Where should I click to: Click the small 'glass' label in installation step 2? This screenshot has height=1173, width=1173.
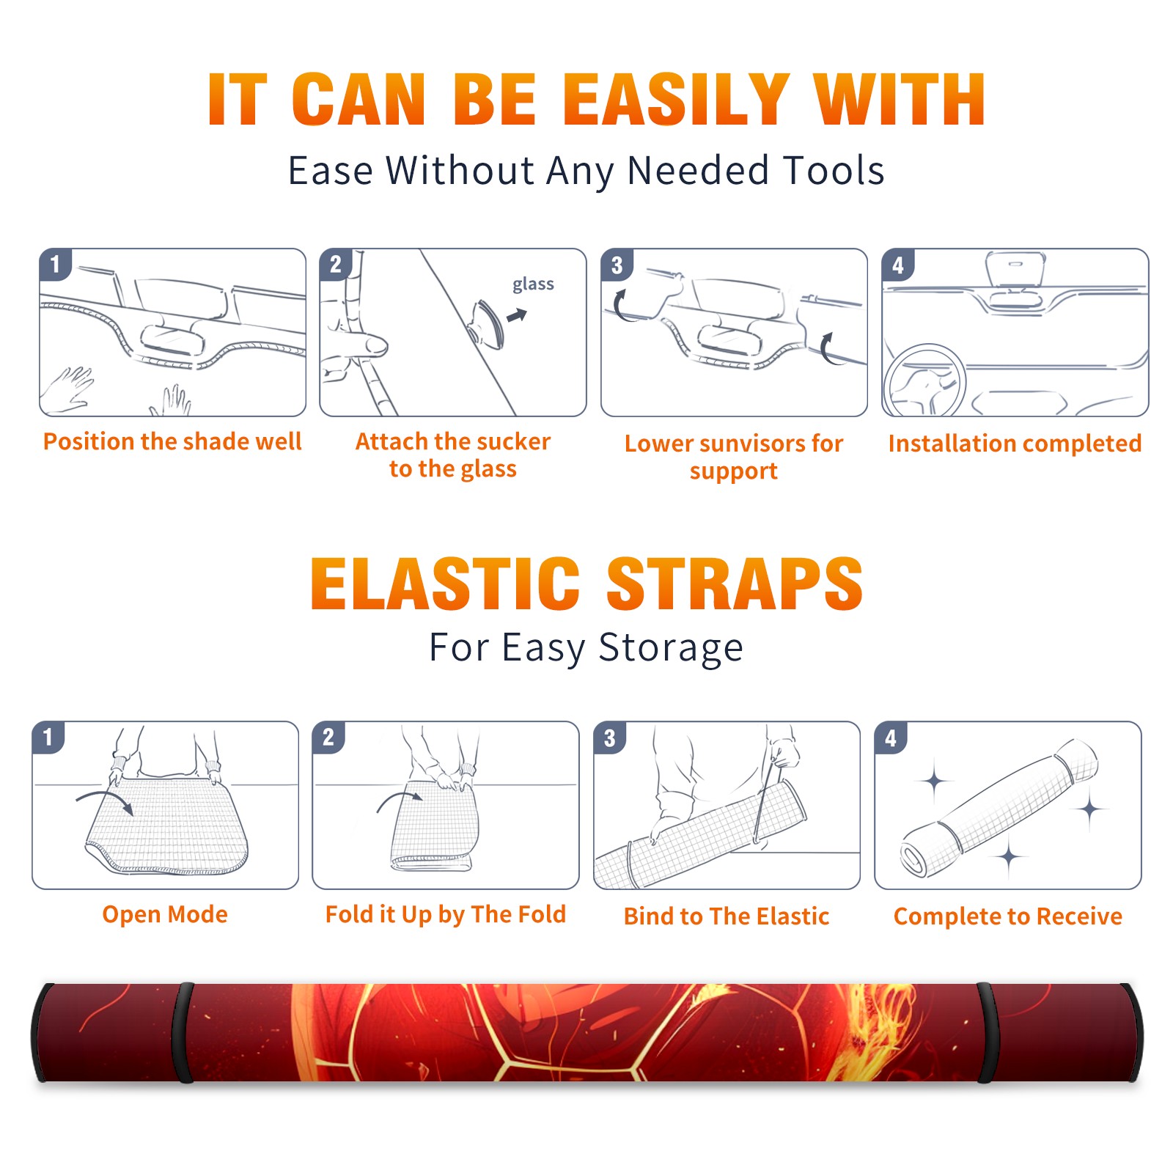click(x=533, y=284)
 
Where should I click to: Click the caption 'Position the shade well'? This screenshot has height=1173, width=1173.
click(x=172, y=441)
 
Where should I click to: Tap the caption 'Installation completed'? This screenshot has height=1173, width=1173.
click(x=1015, y=443)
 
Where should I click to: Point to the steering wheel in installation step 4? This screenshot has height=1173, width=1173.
click(x=924, y=381)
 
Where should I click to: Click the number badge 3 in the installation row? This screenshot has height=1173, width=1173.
click(x=617, y=265)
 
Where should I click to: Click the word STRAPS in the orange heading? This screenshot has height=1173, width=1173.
click(x=735, y=584)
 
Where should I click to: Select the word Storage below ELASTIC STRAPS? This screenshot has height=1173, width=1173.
click(x=671, y=648)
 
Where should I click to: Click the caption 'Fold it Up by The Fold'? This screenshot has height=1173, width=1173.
click(x=446, y=914)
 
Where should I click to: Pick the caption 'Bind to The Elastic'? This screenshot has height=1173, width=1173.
click(x=727, y=916)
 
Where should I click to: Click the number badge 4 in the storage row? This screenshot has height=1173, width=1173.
click(x=891, y=738)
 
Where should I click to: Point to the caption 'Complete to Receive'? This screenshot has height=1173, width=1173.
click(x=1008, y=916)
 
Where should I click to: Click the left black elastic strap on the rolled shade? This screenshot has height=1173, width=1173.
click(x=183, y=1032)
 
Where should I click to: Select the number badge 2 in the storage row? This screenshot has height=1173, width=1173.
click(x=328, y=738)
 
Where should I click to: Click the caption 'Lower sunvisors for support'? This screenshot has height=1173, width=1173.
click(x=734, y=457)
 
